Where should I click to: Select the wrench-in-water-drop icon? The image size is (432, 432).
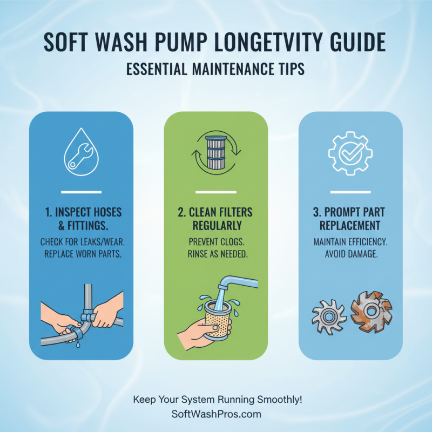81,153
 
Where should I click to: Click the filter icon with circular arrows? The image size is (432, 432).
215,153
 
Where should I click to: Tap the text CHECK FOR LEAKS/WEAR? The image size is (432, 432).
81,240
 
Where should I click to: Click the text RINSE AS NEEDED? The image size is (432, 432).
215,253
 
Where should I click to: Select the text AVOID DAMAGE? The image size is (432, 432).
350,253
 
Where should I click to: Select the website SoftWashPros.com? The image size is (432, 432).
215,414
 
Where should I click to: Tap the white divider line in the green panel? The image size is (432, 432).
215,192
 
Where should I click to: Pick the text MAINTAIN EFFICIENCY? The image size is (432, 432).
350,240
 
